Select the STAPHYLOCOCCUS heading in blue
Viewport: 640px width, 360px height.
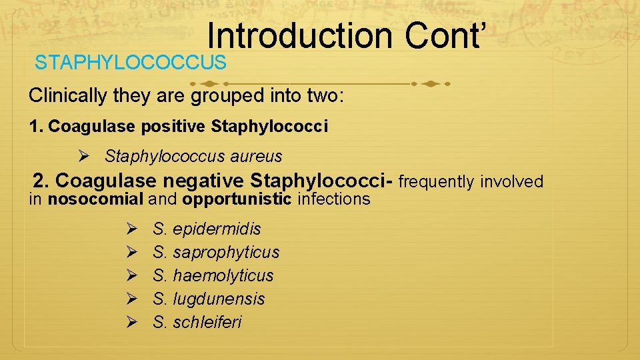click(x=131, y=63)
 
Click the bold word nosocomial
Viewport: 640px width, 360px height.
click(x=96, y=199)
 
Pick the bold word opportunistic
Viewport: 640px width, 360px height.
click(x=237, y=199)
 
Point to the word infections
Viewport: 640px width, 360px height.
click(x=333, y=199)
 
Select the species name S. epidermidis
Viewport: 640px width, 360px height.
click(x=207, y=229)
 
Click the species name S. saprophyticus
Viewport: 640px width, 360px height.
click(x=216, y=252)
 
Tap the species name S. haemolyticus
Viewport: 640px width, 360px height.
click(x=213, y=275)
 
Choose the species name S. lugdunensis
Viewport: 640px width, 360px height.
click(x=209, y=299)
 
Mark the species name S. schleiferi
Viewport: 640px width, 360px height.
click(x=197, y=322)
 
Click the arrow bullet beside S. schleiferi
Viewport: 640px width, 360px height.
click(x=131, y=322)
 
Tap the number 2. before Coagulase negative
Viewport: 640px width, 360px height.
click(x=41, y=181)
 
